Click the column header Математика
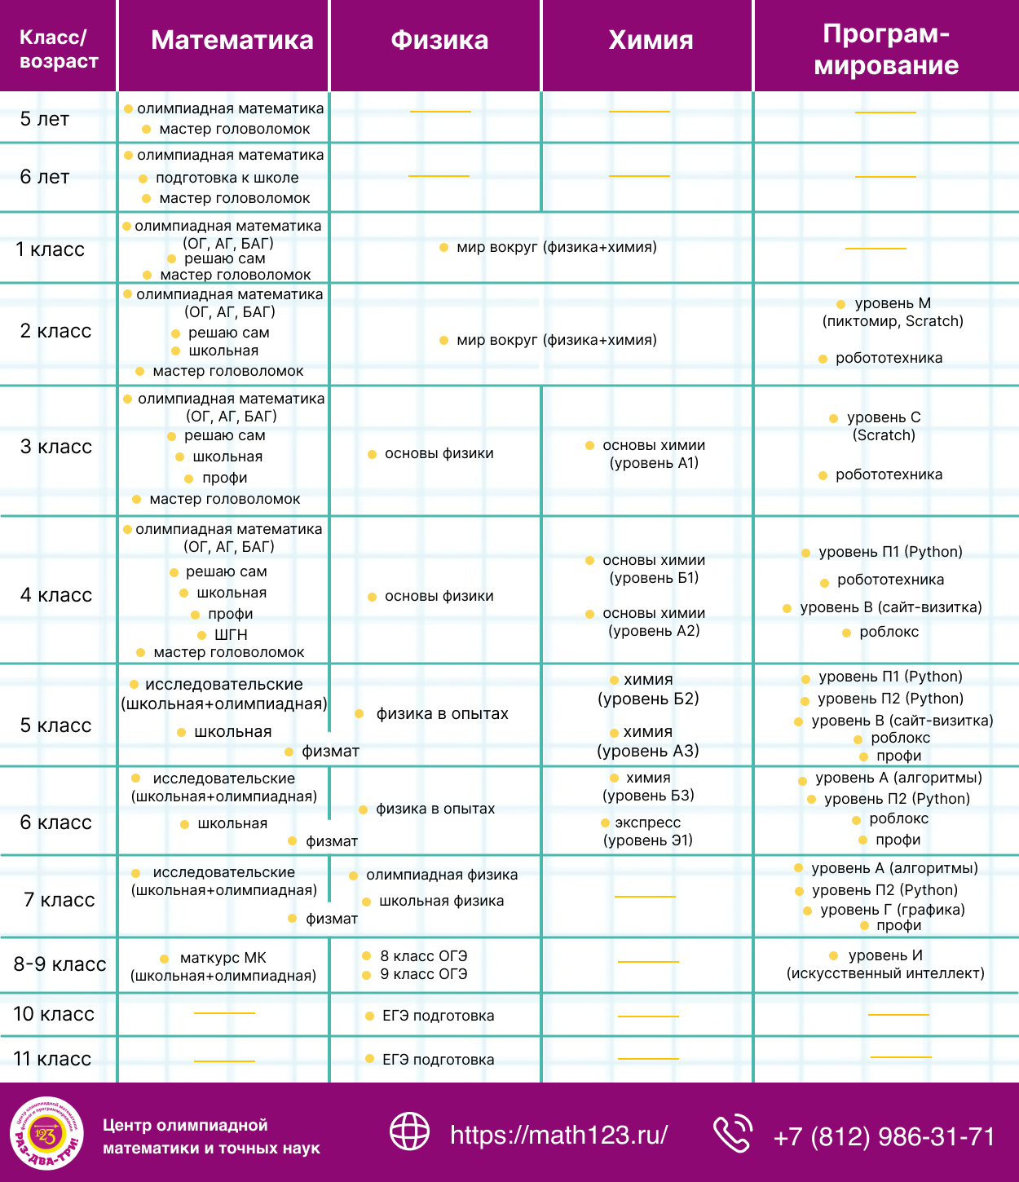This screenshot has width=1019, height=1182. pos(232,41)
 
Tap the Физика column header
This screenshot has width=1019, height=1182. pos(439,41)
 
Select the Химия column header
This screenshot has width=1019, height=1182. pos(651,41)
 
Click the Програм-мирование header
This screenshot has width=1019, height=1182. pos(886,50)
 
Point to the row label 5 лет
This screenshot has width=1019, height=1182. pos(45,119)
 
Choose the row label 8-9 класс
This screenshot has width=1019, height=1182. pos(60,964)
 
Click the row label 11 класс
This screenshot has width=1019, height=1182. pos(53,1058)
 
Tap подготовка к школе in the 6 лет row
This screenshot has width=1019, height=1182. pos(227,178)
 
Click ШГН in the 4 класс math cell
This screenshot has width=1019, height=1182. pos(231,635)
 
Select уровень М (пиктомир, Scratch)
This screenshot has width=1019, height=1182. pos(893,312)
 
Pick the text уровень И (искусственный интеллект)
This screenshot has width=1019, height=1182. pos(885,964)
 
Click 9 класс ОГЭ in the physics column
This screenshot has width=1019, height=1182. pos(424,974)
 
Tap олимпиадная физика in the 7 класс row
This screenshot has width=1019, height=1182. pos(442,875)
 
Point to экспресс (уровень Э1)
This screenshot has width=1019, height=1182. pos(648,831)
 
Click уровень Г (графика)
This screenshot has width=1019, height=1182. pos(893,909)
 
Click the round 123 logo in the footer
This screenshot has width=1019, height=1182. pos(47,1133)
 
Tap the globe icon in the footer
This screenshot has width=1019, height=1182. pos(409,1131)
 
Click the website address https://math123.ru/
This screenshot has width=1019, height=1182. pos(558,1135)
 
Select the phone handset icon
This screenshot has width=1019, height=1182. pos(733,1132)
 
